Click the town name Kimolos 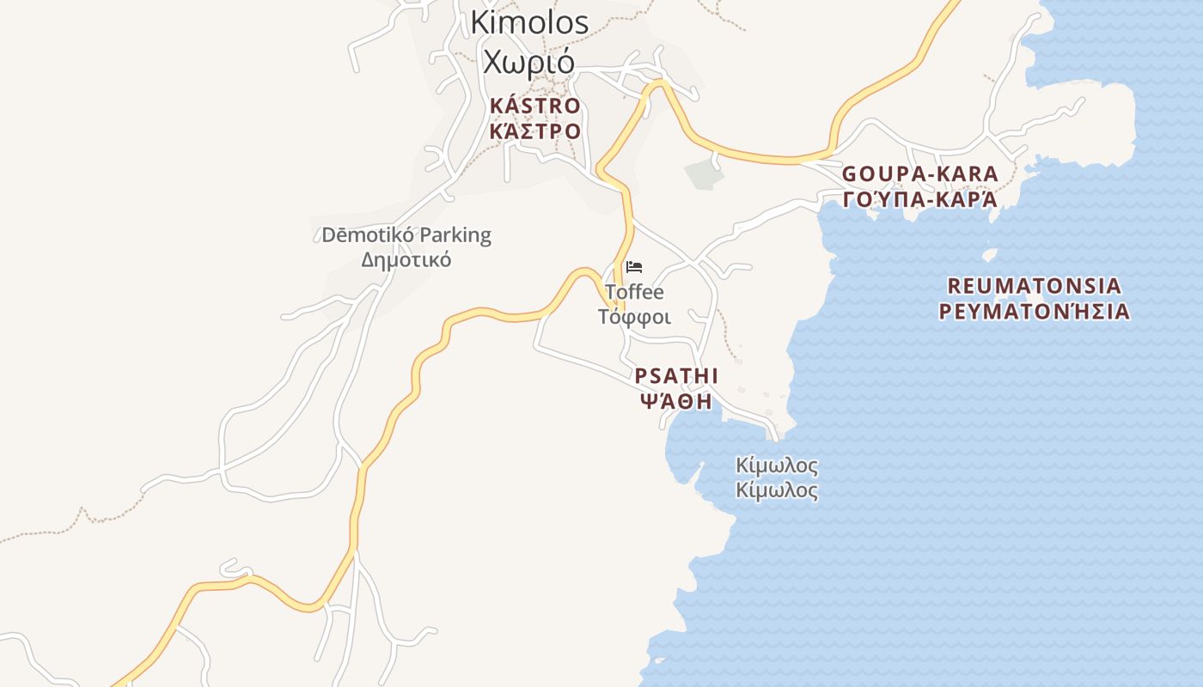click(529, 23)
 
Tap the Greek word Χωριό click(528, 62)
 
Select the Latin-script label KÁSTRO click(534, 106)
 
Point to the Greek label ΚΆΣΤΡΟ click(534, 131)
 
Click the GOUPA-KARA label click(919, 174)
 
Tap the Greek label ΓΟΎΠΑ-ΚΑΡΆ click(919, 199)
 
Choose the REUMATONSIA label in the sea click(1034, 286)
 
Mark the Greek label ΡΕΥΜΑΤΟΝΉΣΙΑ click(1034, 311)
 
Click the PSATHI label click(676, 377)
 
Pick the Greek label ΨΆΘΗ click(676, 401)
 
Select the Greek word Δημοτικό click(406, 259)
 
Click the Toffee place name click(634, 292)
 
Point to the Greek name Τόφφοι click(634, 317)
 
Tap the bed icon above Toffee click(634, 267)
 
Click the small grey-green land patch click(704, 173)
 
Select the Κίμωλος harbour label click(777, 466)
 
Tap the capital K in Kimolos click(479, 23)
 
